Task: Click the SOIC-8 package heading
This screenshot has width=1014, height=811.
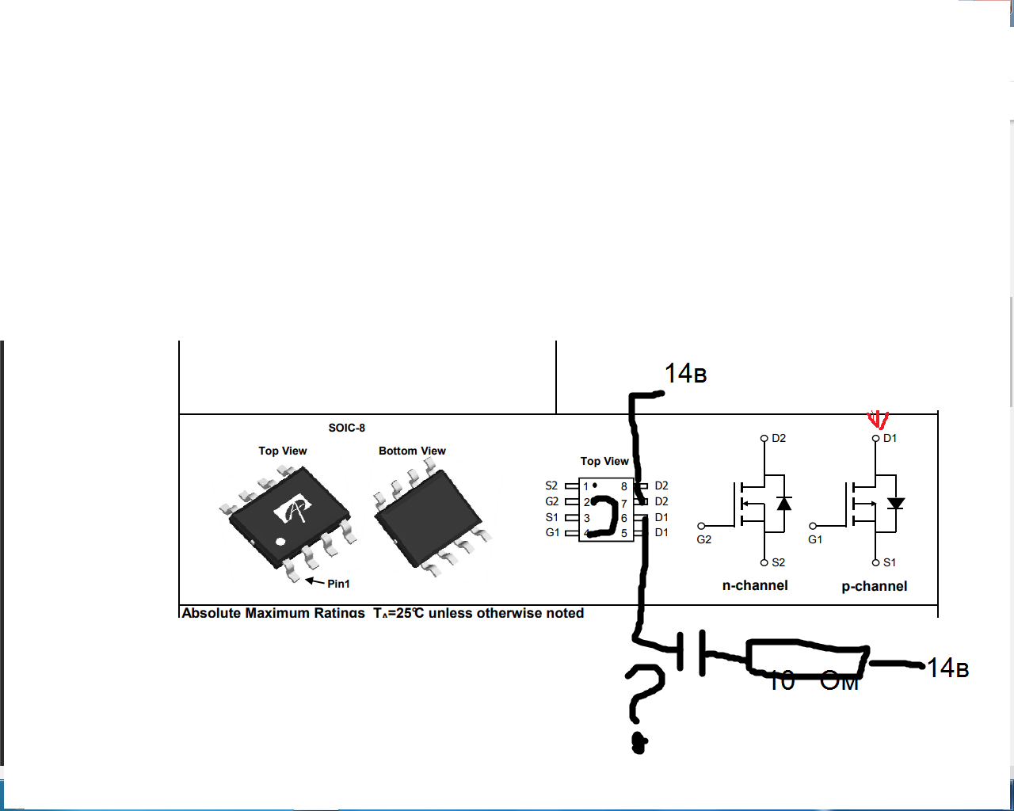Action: pyautogui.click(x=347, y=428)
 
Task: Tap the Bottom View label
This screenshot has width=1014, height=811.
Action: pyautogui.click(x=412, y=451)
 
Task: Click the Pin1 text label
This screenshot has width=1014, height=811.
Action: pyautogui.click(x=338, y=584)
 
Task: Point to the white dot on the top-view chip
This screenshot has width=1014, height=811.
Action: pyautogui.click(x=280, y=542)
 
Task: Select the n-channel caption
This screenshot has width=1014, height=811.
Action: pyautogui.click(x=755, y=585)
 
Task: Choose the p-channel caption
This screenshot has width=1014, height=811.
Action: pyautogui.click(x=875, y=586)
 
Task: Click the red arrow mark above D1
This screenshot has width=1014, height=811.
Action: pyautogui.click(x=878, y=419)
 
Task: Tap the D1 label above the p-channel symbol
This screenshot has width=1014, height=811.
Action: pyautogui.click(x=890, y=438)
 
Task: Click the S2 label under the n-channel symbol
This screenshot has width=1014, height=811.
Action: pyautogui.click(x=779, y=562)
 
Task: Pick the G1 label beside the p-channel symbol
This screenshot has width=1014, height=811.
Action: pyautogui.click(x=815, y=539)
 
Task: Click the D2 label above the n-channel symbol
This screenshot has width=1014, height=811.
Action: pyautogui.click(x=779, y=438)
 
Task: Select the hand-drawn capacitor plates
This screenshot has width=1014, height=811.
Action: pyautogui.click(x=692, y=653)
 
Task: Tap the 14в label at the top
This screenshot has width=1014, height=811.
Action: pyautogui.click(x=685, y=374)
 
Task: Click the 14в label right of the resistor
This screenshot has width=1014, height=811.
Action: pyautogui.click(x=948, y=668)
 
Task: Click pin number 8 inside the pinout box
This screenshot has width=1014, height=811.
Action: pyautogui.click(x=624, y=486)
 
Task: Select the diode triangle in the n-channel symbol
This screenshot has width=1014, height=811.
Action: pyautogui.click(x=784, y=504)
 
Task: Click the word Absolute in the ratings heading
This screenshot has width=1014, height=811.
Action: pyautogui.click(x=211, y=613)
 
